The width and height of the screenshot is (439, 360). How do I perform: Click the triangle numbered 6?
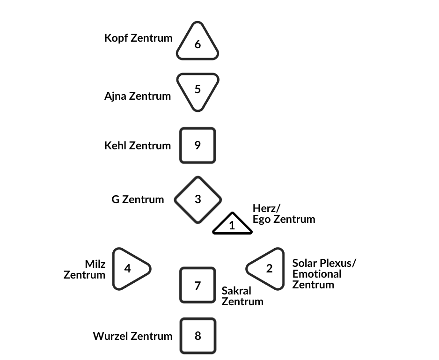pos(198,44)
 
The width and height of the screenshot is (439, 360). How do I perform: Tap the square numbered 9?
pos(198,146)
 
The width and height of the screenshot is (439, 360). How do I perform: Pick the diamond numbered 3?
pos(198,199)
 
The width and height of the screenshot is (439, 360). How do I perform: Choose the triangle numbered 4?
pos(129,269)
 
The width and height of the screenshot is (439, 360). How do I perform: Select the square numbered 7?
pos(198,285)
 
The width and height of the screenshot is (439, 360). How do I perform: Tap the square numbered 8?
pos(198,336)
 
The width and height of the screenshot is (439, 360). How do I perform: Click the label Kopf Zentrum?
pos(139,38)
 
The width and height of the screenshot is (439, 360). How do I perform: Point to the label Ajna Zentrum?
pos(138,96)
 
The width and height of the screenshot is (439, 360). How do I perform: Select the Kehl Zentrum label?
pos(138,146)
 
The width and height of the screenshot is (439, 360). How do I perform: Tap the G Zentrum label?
pos(138,200)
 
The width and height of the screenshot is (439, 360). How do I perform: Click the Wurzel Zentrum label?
pos(133,336)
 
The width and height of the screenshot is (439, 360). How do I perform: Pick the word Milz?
pos(95,264)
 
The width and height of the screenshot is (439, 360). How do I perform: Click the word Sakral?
pos(236,291)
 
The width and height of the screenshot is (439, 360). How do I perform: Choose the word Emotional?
pos(317,274)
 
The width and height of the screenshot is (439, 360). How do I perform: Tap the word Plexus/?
pos(337,263)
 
